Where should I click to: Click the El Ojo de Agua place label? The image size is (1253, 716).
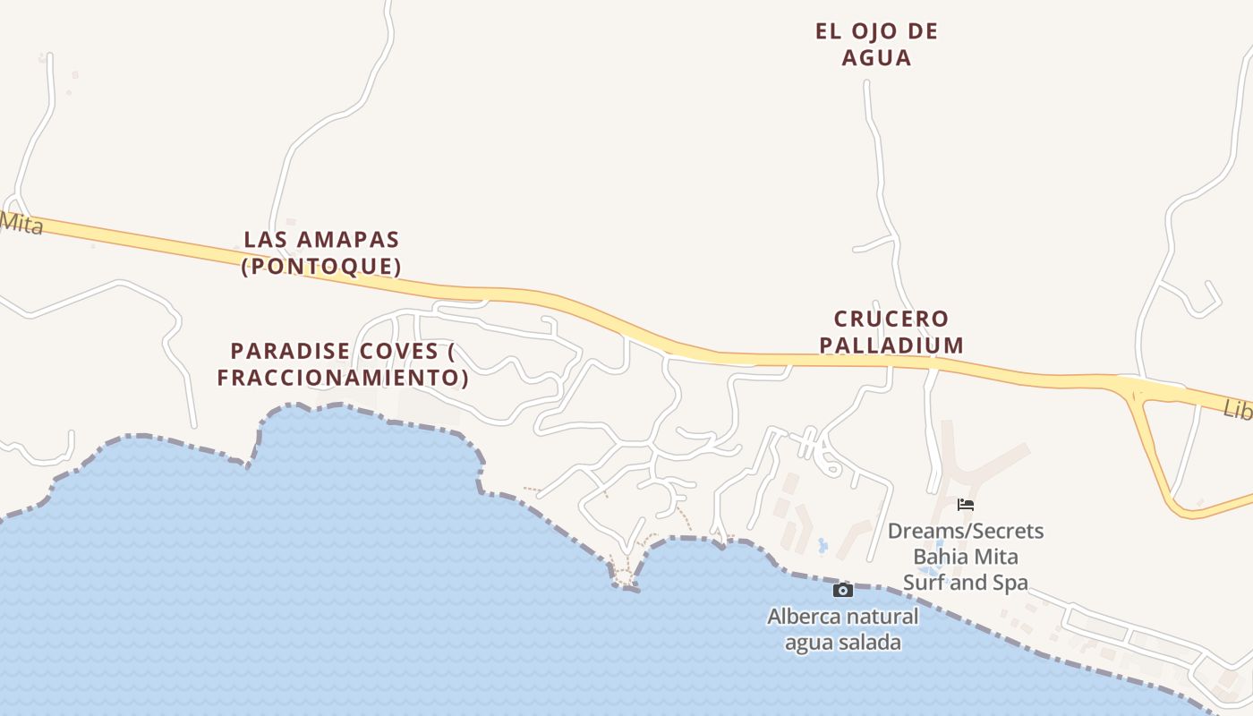click(x=876, y=45)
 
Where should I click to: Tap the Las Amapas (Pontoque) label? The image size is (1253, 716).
click(x=321, y=252)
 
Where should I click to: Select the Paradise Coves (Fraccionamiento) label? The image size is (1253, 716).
click(x=343, y=364)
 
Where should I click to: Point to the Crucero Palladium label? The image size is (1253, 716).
click(x=898, y=332)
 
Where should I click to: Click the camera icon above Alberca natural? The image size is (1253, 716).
click(x=843, y=590)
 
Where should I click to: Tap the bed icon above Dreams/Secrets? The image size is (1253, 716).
click(x=965, y=505)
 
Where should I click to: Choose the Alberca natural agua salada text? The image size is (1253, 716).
click(x=842, y=629)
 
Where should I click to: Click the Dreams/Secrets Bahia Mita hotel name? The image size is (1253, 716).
click(x=965, y=557)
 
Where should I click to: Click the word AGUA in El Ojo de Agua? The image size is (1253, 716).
click(x=876, y=58)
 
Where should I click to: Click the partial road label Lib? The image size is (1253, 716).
click(x=1238, y=409)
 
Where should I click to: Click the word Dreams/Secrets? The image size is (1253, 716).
click(x=965, y=531)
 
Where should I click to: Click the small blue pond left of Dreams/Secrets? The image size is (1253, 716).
click(x=823, y=545)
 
